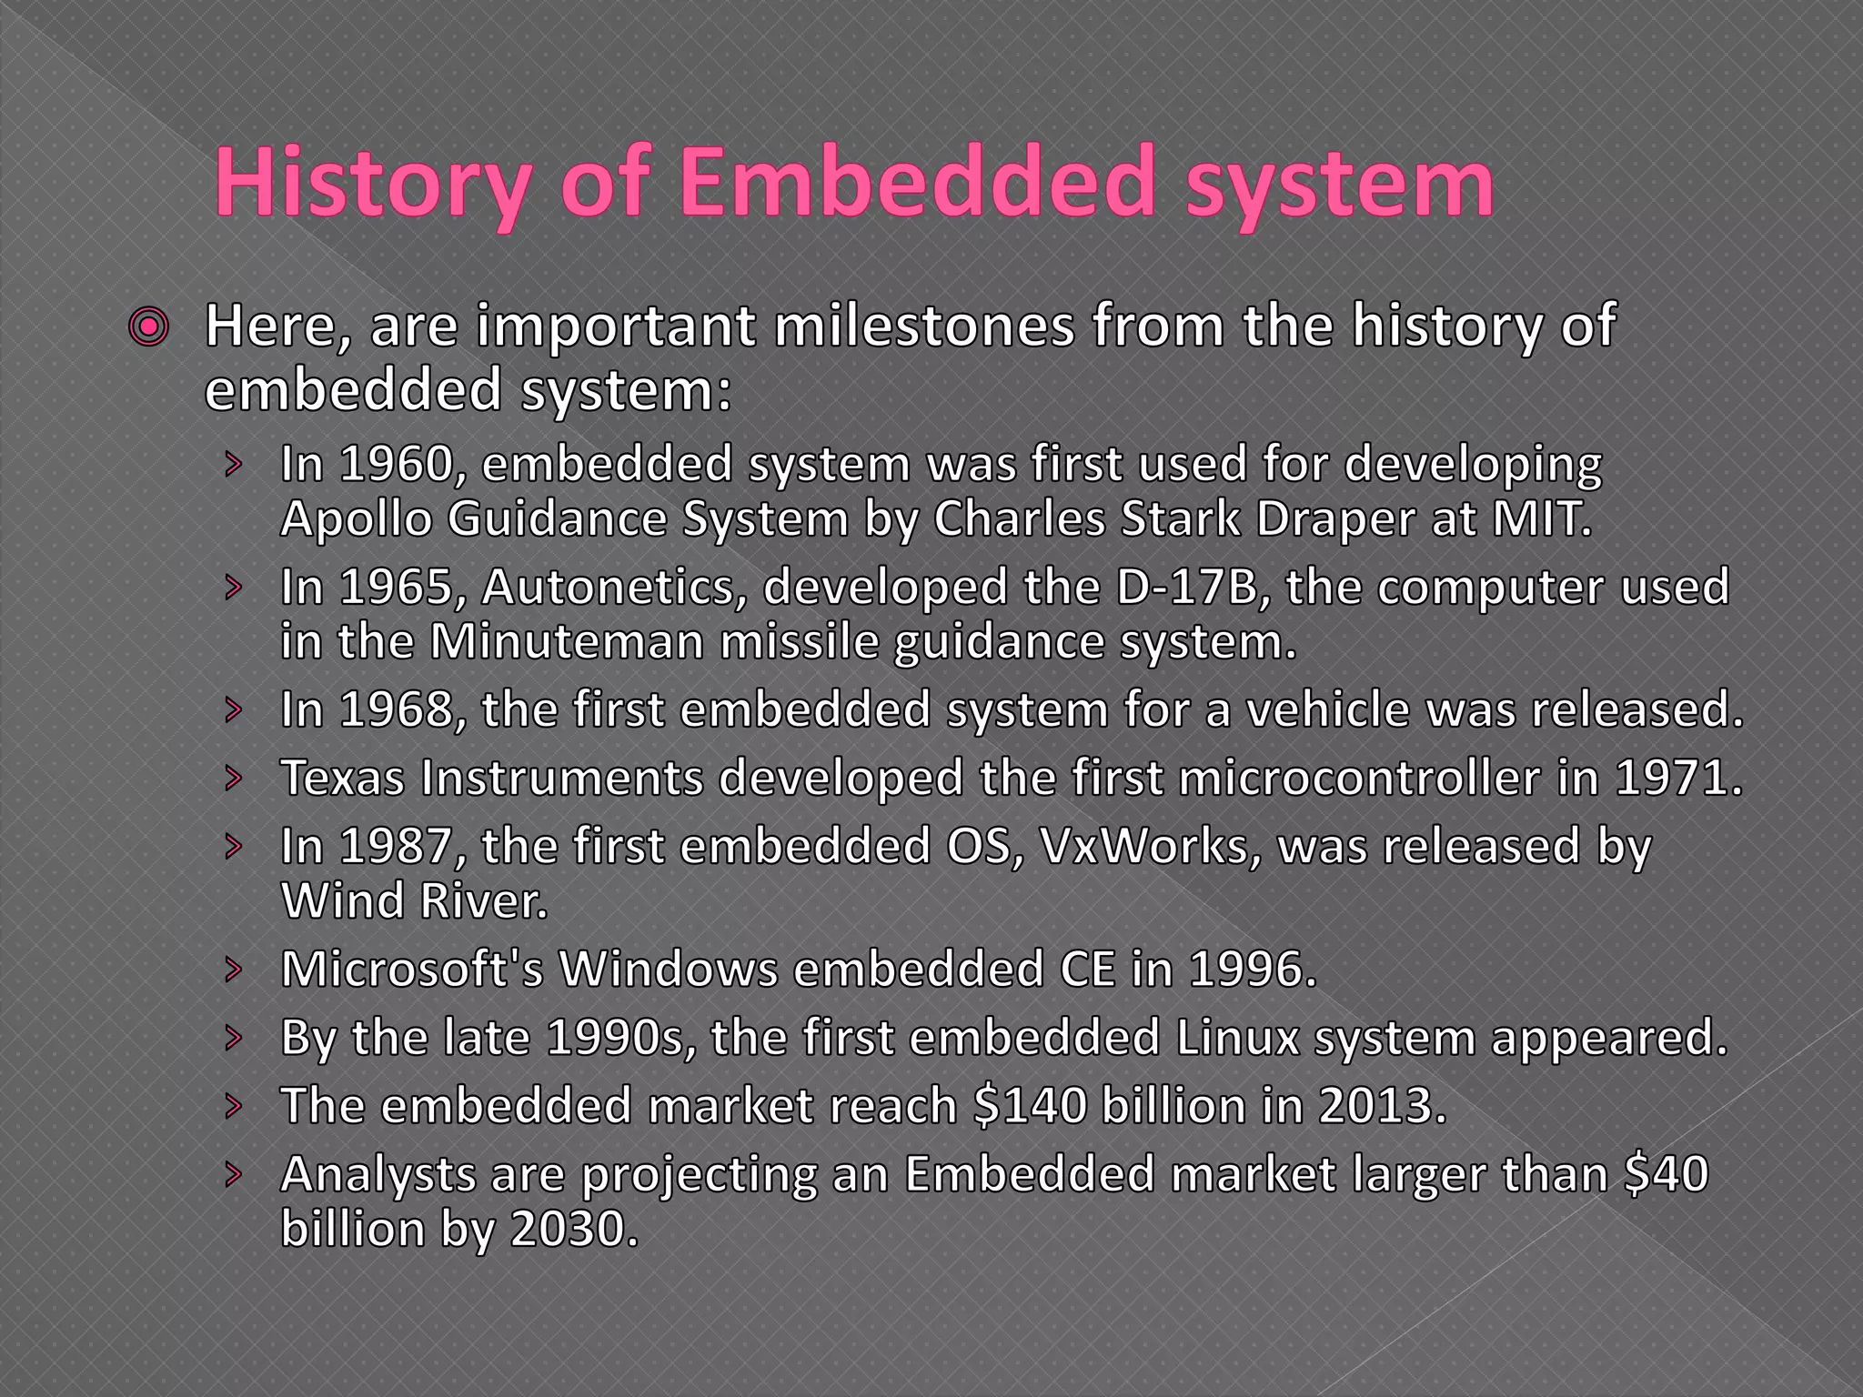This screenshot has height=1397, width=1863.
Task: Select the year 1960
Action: coord(395,465)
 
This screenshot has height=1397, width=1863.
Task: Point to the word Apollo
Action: coord(355,519)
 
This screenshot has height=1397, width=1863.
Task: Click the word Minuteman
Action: coord(567,642)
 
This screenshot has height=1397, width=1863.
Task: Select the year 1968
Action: coord(395,709)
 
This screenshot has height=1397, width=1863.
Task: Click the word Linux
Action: coord(1237,1038)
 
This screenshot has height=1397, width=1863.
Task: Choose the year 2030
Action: coord(574,1230)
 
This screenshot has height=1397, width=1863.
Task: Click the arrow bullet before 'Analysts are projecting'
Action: coord(235,1174)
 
